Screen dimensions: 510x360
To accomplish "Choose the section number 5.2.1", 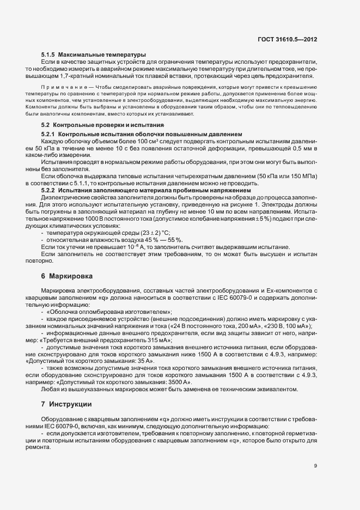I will point(48,134).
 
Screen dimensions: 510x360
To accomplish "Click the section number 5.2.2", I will point(48,190).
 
